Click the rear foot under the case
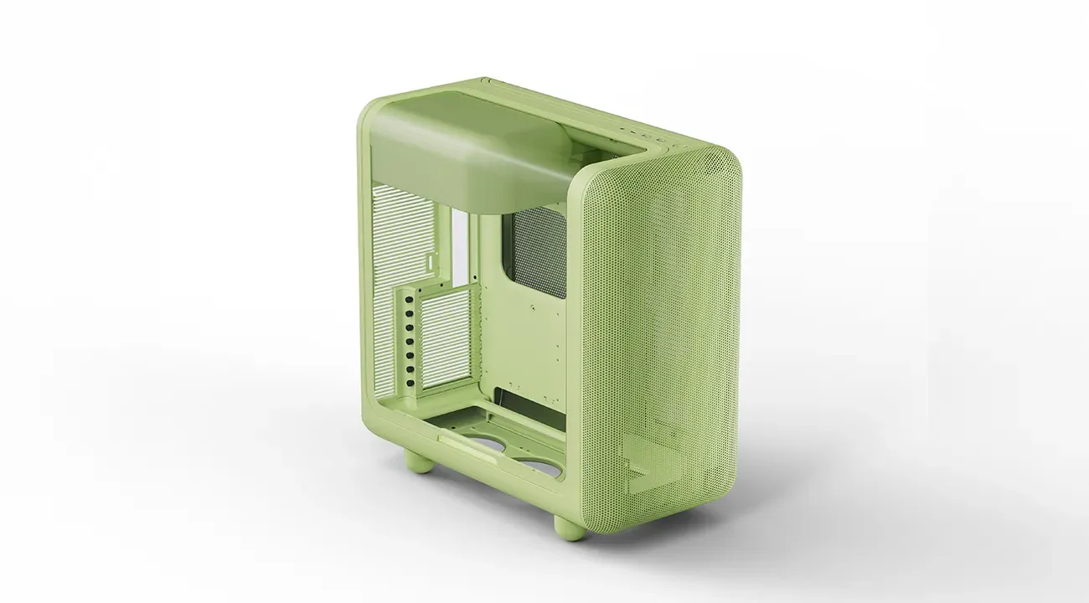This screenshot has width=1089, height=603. (415, 459)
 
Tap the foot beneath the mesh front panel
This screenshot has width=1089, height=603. (569, 527)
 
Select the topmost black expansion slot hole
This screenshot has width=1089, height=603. (410, 298)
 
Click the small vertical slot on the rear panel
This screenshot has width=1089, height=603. (432, 262)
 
